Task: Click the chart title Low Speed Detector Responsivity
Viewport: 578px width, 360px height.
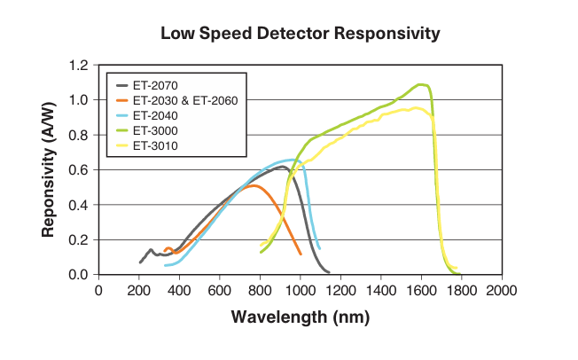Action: (x=300, y=35)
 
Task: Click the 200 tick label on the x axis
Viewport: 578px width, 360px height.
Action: (x=138, y=291)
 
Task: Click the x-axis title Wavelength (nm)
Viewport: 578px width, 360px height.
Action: (x=300, y=317)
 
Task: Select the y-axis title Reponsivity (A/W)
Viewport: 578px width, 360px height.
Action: (x=49, y=170)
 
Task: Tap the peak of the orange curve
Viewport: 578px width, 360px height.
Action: (x=254, y=185)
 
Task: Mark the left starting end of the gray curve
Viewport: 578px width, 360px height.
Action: (x=140, y=262)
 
